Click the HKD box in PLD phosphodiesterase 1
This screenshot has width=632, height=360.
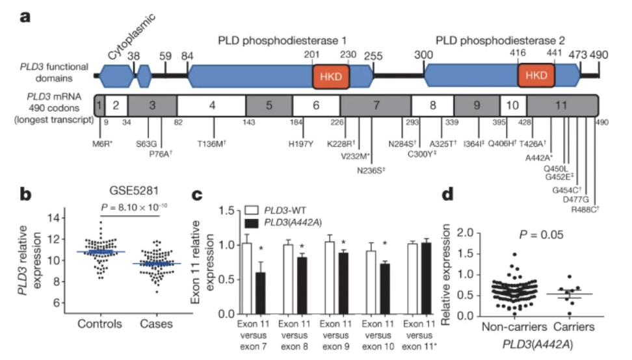point(332,76)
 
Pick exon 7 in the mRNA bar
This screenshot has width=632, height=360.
point(375,104)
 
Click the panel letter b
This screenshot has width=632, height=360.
point(25,194)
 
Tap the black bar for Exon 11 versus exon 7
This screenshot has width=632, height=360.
point(261,292)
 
